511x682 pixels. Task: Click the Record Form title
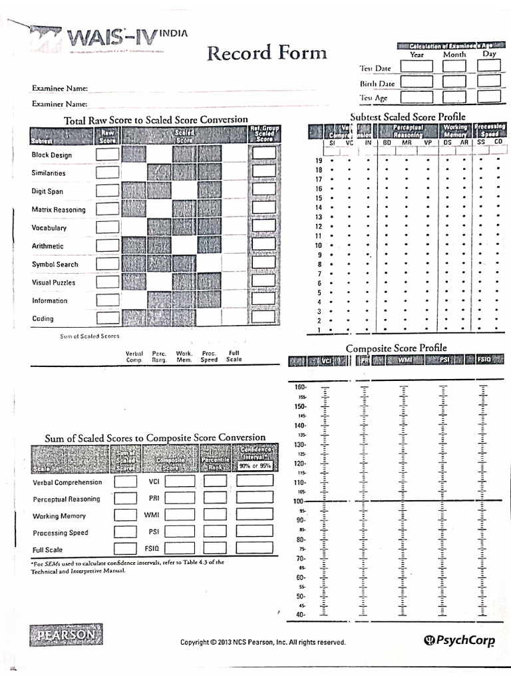pos(266,53)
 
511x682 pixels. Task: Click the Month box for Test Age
pos(454,98)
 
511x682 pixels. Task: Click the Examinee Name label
pos(60,88)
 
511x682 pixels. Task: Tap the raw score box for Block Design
pos(107,155)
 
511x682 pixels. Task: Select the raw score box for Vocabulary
pos(107,227)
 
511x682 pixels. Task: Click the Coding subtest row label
pos(43,318)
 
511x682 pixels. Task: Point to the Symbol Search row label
pos(55,264)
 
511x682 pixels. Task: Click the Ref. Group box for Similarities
pos(264,172)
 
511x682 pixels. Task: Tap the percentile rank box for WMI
pos(215,515)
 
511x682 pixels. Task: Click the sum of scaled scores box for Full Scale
pos(125,549)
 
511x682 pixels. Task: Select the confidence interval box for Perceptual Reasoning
pos(255,498)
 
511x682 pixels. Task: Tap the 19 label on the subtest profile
pos(318,161)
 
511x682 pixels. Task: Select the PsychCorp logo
pos(459,641)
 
